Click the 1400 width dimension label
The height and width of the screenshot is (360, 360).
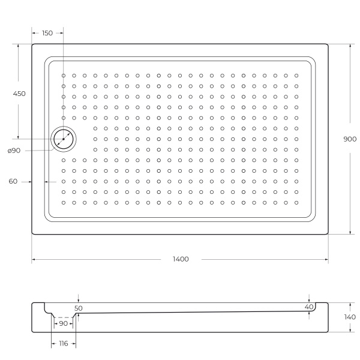point(180,259)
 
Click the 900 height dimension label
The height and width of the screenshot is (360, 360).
point(350,139)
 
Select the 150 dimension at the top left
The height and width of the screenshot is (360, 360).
point(47,33)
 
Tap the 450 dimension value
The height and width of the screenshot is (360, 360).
point(19,94)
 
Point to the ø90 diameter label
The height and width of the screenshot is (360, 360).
point(15,151)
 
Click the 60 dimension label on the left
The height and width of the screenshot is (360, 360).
point(13,181)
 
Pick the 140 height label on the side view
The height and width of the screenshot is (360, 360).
point(350,317)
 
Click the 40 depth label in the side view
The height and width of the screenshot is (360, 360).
point(309,307)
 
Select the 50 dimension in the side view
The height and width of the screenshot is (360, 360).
point(79,308)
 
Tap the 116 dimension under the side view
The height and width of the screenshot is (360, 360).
point(63,344)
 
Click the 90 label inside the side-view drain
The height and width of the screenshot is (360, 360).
point(63,323)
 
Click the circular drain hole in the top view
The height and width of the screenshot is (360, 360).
point(63,139)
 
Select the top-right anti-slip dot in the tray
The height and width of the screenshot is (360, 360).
point(296,76)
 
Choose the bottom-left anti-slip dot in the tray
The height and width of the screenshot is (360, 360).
point(64,202)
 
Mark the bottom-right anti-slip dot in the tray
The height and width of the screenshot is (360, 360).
point(296,202)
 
